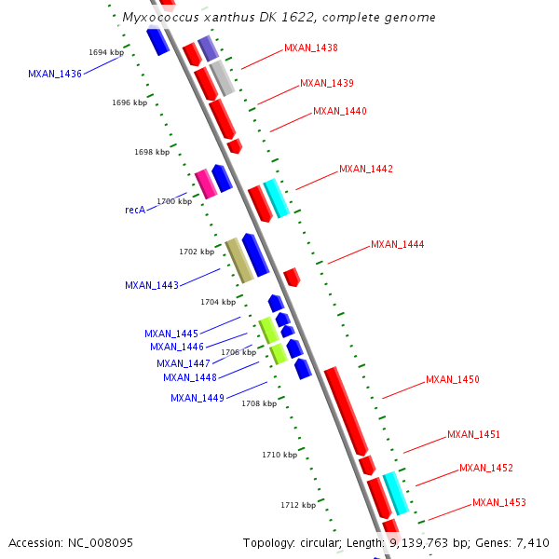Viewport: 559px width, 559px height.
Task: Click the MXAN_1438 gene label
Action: [x=311, y=48]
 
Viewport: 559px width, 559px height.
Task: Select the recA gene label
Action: [x=134, y=211]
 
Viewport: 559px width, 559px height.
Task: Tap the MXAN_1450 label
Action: [x=452, y=380]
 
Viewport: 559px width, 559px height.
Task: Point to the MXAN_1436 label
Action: [x=54, y=74]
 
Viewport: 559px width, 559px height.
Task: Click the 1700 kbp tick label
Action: [x=174, y=201]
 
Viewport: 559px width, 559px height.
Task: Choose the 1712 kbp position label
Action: [x=298, y=505]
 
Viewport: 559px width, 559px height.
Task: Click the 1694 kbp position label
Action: [x=105, y=52]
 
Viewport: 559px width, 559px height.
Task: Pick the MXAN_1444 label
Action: [x=397, y=245]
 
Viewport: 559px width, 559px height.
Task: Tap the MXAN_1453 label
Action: [x=498, y=503]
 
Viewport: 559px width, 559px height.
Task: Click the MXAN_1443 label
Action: [x=151, y=286]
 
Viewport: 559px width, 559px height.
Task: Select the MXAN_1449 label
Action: [x=197, y=399]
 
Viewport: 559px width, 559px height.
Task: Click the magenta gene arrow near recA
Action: [x=206, y=184]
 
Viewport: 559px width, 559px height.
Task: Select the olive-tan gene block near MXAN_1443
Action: [x=239, y=261]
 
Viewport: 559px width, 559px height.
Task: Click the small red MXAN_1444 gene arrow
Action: [x=292, y=277]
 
